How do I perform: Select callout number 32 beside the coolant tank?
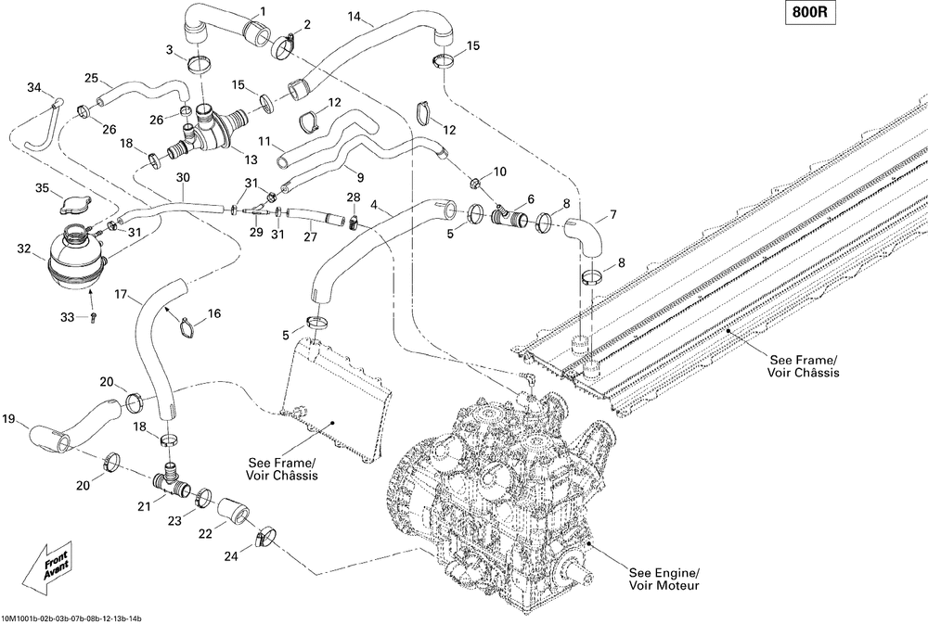(x=24, y=248)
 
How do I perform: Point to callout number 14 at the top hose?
(x=354, y=18)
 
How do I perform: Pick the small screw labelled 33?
(x=94, y=317)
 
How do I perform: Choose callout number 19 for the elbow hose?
(x=10, y=418)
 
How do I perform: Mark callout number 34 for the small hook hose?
(x=34, y=88)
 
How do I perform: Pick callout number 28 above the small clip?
(x=353, y=197)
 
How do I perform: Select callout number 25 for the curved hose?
(x=91, y=78)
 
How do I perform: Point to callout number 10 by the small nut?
(x=500, y=172)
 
